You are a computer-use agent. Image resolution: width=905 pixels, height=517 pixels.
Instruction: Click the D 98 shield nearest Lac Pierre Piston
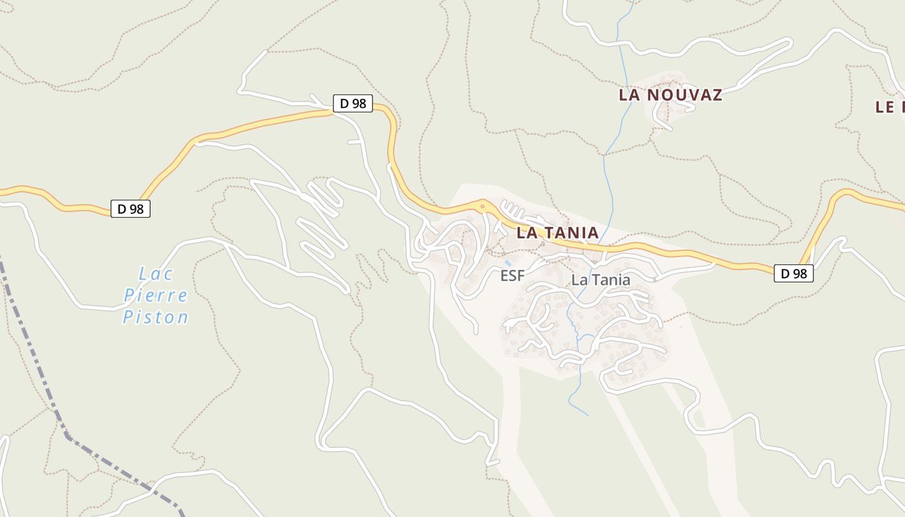(x=131, y=209)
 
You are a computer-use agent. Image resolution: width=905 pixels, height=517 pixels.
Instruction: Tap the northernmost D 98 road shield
(x=353, y=103)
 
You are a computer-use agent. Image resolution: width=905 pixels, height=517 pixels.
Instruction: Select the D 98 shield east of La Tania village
(x=794, y=273)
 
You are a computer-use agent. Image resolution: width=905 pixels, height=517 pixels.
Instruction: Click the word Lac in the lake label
(x=156, y=274)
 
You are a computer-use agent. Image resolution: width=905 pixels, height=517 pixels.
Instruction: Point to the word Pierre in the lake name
(x=156, y=296)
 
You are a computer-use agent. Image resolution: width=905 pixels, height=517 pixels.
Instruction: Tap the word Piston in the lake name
(x=156, y=317)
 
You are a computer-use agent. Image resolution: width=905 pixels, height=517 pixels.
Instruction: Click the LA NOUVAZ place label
(x=670, y=95)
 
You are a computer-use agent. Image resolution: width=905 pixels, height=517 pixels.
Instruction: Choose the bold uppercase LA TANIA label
(x=557, y=233)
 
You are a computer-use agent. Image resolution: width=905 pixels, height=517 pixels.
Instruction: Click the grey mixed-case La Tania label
(x=601, y=280)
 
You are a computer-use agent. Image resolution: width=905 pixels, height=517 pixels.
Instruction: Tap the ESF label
(x=513, y=276)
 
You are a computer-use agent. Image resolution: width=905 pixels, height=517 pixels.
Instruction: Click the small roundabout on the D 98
(x=482, y=207)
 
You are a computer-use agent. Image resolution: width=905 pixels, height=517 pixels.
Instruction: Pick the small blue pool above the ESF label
(x=509, y=263)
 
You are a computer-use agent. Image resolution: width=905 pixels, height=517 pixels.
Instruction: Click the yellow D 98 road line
(x=259, y=123)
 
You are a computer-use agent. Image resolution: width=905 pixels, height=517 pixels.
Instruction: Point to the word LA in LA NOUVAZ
(x=629, y=95)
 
